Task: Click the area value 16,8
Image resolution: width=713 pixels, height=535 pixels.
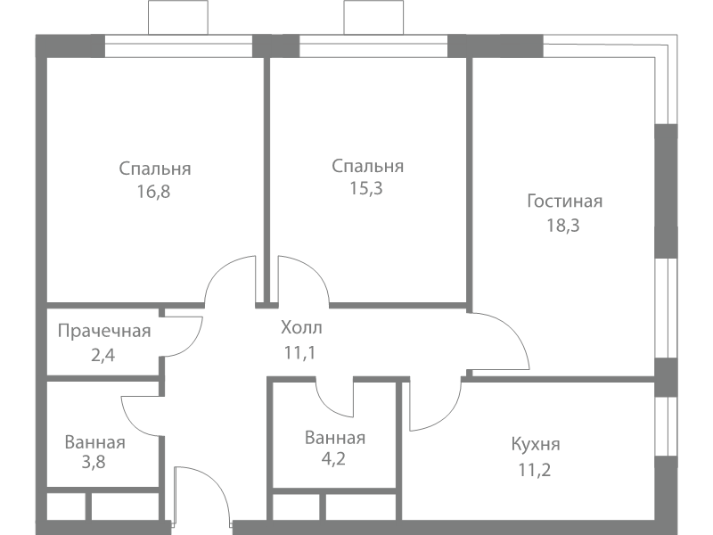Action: tap(153, 192)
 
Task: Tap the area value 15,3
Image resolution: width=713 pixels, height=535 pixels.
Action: tap(366, 188)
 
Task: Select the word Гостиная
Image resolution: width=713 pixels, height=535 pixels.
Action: tap(565, 202)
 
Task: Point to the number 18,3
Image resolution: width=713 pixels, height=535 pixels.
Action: tap(563, 226)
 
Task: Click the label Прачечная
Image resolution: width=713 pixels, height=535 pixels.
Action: tap(104, 331)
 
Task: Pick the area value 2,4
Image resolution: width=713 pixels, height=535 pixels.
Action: tap(102, 355)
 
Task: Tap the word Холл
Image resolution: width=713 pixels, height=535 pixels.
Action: tap(301, 327)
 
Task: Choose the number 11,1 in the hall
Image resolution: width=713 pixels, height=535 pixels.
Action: tap(299, 352)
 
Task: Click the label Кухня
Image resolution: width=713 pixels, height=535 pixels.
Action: tap(536, 444)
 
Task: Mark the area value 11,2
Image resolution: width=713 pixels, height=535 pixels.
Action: tap(534, 470)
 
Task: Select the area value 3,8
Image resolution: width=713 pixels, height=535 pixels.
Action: tap(94, 462)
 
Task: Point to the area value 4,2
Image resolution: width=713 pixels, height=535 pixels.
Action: tap(333, 458)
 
